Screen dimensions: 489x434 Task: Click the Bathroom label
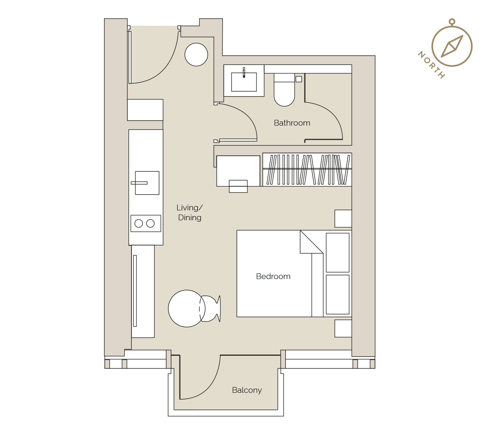coord(292,123)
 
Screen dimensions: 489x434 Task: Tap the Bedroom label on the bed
coord(273,276)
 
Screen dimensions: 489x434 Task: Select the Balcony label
coord(247,390)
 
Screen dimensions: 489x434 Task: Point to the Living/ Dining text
coord(189,213)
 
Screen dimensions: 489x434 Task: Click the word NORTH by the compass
coord(431,65)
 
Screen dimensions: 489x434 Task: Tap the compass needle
coord(452,46)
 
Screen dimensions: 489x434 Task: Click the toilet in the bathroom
coord(284,90)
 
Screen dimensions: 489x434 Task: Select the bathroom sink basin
coord(244,82)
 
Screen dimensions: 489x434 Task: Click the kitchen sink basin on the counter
coord(147,183)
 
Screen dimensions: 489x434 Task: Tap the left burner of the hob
coord(138,223)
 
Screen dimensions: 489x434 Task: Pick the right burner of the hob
coord(151,223)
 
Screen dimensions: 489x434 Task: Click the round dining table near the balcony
coord(187,308)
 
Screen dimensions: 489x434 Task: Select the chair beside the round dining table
coord(210,309)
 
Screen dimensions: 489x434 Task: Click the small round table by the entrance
coord(196,55)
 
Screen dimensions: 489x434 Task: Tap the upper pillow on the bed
coord(337,253)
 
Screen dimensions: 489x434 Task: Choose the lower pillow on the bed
coord(337,295)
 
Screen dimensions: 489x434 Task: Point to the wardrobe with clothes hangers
coord(307,169)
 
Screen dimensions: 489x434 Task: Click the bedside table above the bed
coord(343,219)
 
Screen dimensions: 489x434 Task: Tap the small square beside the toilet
coord(298,79)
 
